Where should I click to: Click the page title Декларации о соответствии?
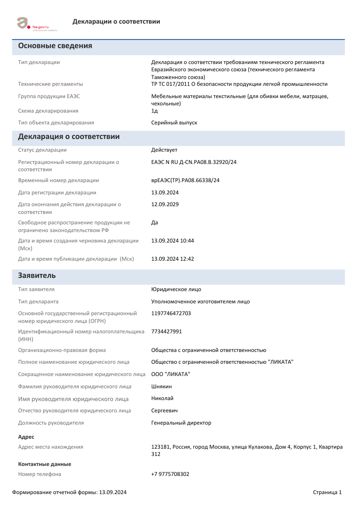[116, 22]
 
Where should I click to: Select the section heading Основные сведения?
[55, 46]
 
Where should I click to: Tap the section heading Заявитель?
[37, 276]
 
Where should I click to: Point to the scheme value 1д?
[154, 111]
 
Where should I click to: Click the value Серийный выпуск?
[174, 123]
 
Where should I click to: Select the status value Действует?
[164, 150]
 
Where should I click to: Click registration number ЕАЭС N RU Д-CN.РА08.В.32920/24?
[194, 162]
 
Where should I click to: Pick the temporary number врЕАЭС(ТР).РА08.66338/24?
[185, 180]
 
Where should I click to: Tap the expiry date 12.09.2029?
[165, 204]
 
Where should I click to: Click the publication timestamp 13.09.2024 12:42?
[173, 259]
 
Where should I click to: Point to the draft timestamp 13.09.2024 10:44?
[173, 241]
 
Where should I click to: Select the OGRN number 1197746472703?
[171, 313]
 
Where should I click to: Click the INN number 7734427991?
[167, 332]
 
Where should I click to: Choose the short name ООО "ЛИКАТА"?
[171, 374]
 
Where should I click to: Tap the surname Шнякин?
[161, 386]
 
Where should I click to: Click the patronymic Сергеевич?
[164, 411]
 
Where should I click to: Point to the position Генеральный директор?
[181, 423]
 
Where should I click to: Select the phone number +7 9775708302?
[170, 474]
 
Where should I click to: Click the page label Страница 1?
[327, 492]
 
